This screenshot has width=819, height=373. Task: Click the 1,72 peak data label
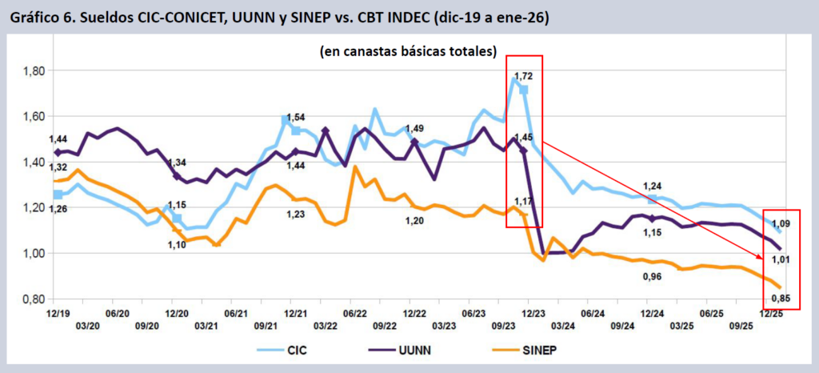tap(523, 76)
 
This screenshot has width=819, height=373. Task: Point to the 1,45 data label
tap(524, 138)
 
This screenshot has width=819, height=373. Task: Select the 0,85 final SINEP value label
tap(781, 299)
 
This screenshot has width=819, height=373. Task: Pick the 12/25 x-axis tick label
tap(772, 313)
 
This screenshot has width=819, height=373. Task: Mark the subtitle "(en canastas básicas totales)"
tap(408, 52)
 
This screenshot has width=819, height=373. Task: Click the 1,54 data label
tap(296, 118)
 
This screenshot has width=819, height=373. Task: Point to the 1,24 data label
tap(652, 186)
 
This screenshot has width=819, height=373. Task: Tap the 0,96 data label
tap(653, 276)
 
